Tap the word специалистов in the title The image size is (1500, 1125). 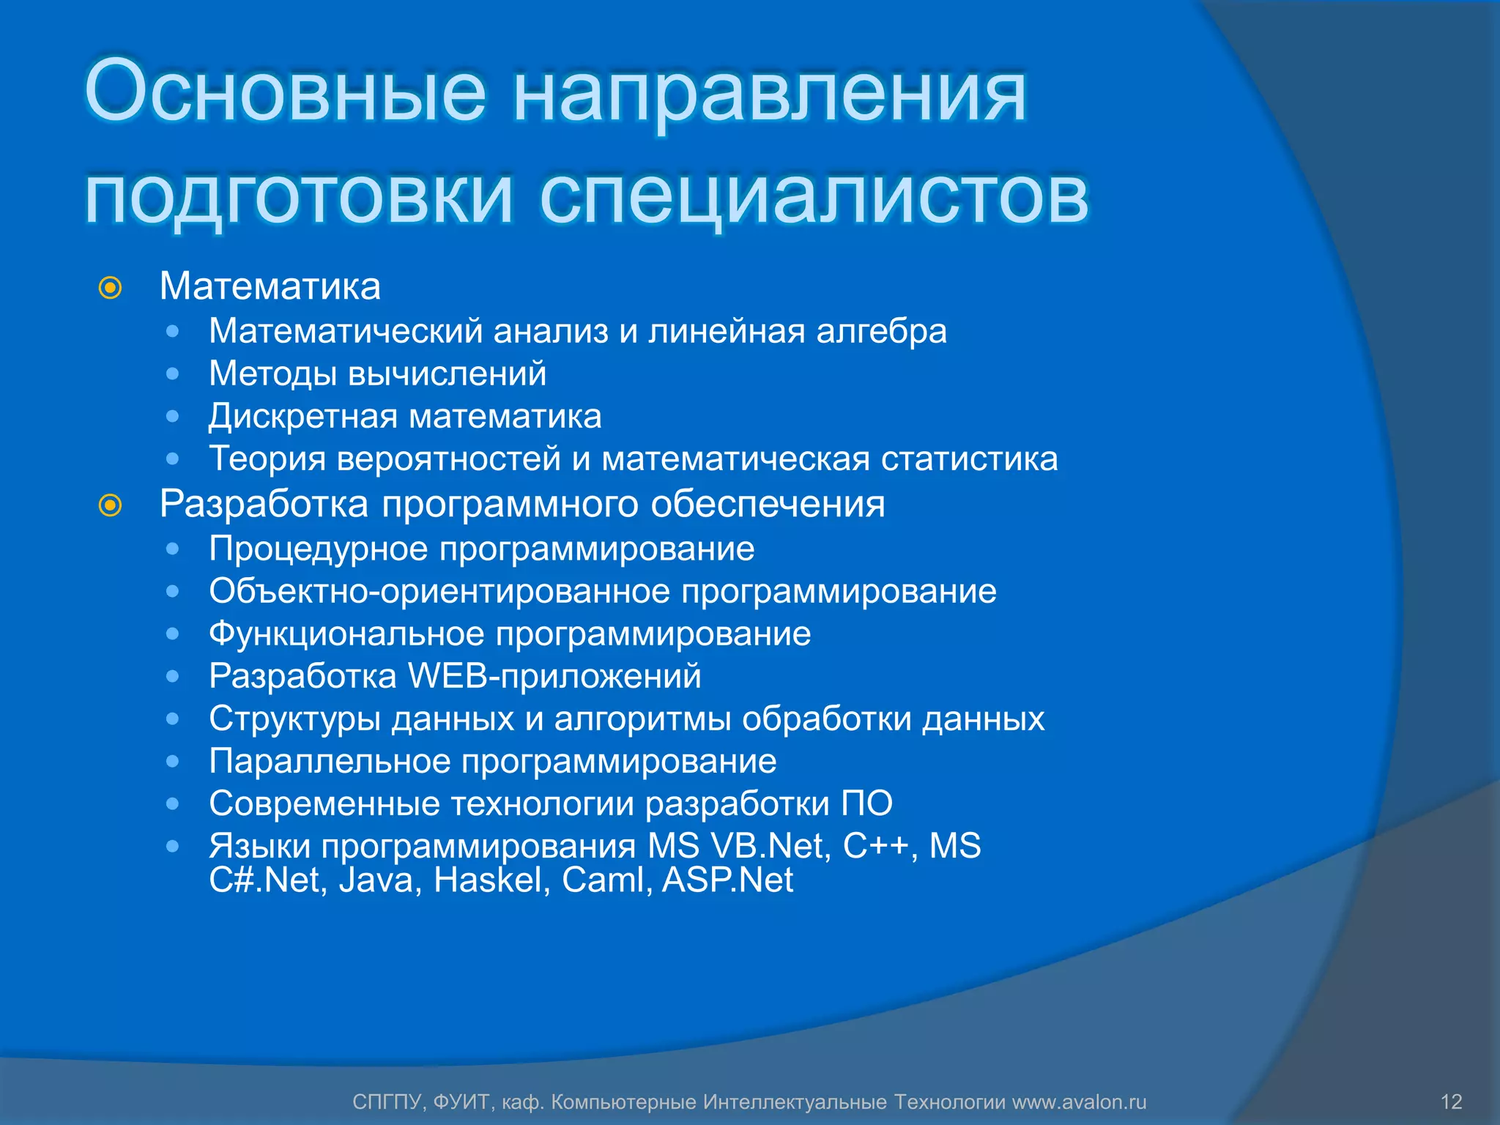814,196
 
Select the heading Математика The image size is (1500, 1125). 270,286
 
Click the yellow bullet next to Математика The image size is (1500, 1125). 110,288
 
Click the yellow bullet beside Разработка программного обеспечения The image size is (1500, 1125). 110,505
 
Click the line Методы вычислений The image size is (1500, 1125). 377,374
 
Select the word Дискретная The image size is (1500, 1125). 302,417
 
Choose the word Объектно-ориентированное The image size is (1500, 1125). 439,592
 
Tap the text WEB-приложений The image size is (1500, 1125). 554,676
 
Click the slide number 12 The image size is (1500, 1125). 1451,1102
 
